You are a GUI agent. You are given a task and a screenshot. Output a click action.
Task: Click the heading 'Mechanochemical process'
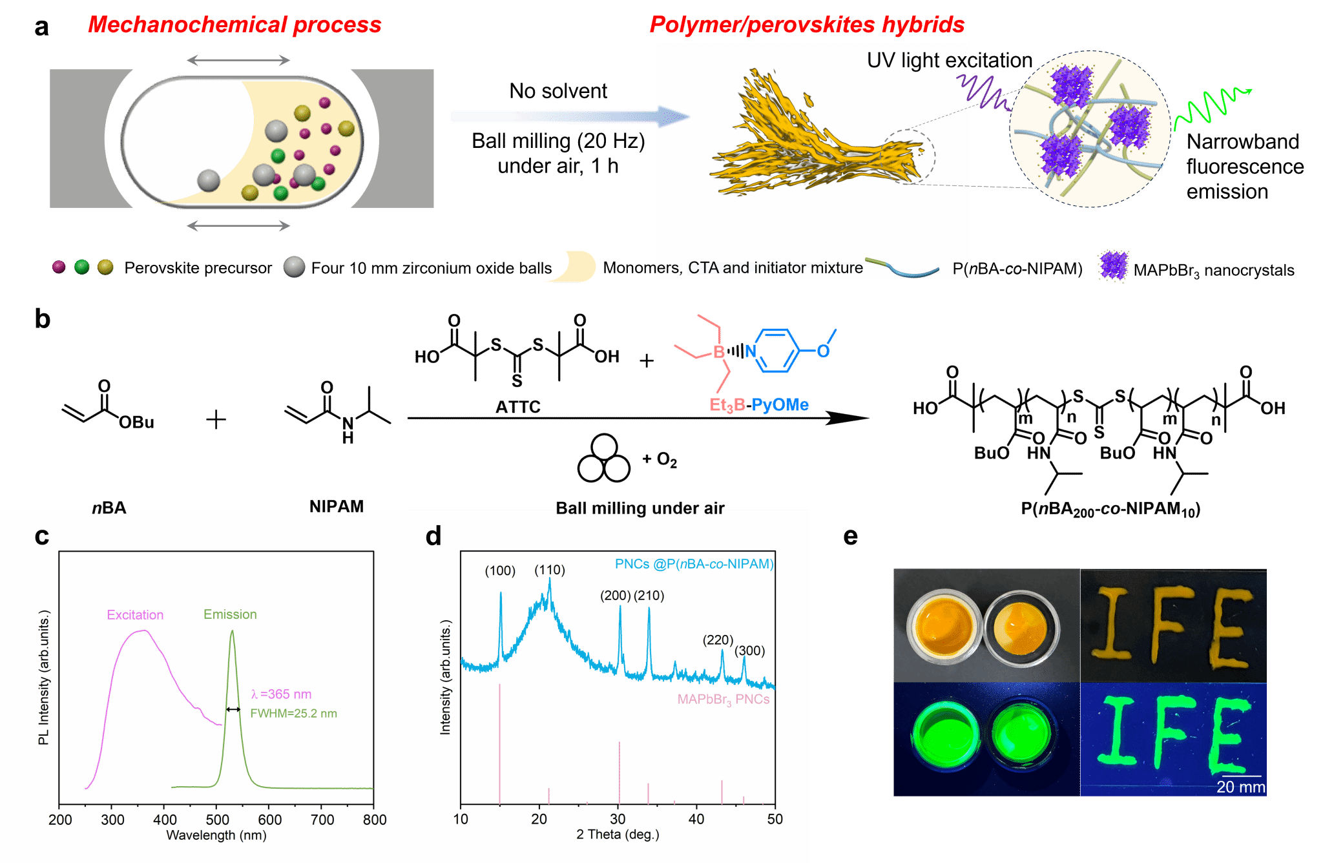234,25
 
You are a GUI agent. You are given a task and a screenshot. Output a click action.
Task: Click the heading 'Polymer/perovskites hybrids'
807,25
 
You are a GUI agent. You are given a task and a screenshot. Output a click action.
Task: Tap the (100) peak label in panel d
500,570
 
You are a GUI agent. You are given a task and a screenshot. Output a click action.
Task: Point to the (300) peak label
749,650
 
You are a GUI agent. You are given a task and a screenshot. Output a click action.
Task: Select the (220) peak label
718,639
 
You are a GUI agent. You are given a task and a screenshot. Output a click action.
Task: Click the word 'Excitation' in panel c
135,615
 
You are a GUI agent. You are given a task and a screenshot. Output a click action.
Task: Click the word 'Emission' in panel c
230,614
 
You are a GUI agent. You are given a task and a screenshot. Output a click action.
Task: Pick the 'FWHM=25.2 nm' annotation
293,713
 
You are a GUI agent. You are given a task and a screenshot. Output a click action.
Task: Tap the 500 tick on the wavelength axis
217,820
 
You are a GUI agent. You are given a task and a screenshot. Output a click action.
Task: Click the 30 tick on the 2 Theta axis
618,819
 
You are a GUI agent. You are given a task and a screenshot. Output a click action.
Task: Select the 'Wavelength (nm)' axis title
216,835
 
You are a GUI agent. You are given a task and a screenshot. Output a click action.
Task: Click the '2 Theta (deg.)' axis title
618,835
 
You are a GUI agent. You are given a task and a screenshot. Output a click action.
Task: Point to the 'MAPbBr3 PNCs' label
723,700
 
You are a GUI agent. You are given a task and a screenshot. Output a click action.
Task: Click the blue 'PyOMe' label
780,405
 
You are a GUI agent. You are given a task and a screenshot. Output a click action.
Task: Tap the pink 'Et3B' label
727,405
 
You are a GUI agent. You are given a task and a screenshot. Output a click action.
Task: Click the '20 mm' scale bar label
1240,787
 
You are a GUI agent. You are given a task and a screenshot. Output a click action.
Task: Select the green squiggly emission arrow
1212,107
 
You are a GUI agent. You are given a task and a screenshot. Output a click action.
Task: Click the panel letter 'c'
42,536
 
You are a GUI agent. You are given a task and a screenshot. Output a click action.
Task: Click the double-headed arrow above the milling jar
238,60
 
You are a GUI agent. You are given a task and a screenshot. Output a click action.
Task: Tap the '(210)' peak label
649,596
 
